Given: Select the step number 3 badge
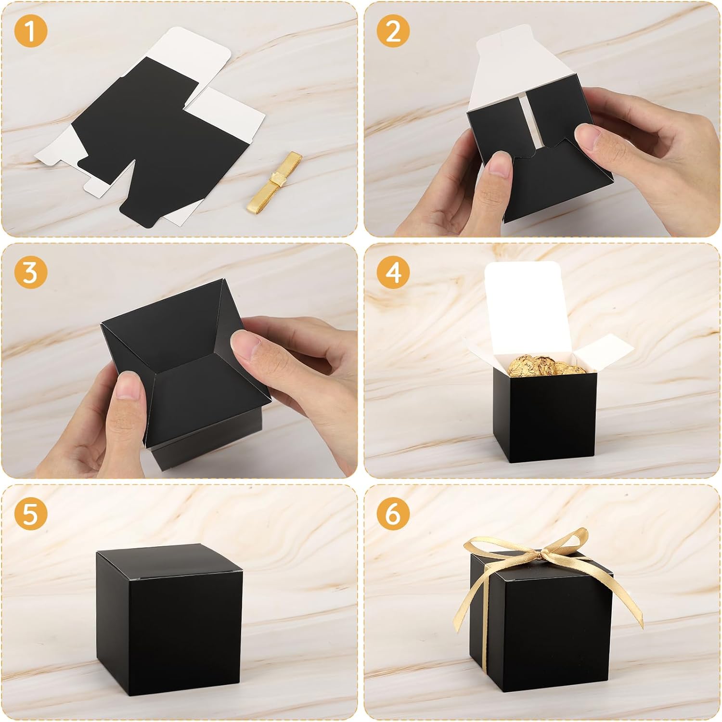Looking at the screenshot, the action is (30, 272).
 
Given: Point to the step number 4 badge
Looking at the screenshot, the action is (393, 272).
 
